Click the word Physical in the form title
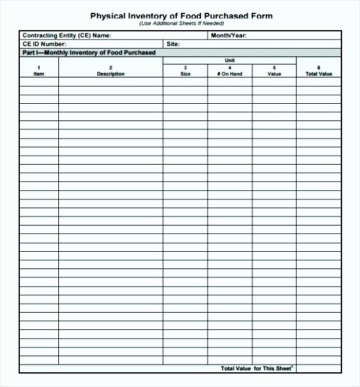click(107, 16)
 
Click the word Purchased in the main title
click(229, 16)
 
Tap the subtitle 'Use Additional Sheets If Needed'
click(181, 24)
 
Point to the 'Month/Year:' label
click(229, 36)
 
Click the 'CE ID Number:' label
click(44, 44)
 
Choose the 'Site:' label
click(173, 44)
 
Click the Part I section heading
click(89, 53)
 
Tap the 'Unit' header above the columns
click(229, 60)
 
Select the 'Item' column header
click(38, 74)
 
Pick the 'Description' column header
click(111, 74)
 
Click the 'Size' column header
click(185, 74)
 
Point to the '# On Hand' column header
click(229, 74)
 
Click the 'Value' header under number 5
click(274, 74)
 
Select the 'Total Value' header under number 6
click(318, 74)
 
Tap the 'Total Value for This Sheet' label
click(256, 368)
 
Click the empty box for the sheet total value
click(318, 368)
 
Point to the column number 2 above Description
click(111, 68)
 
